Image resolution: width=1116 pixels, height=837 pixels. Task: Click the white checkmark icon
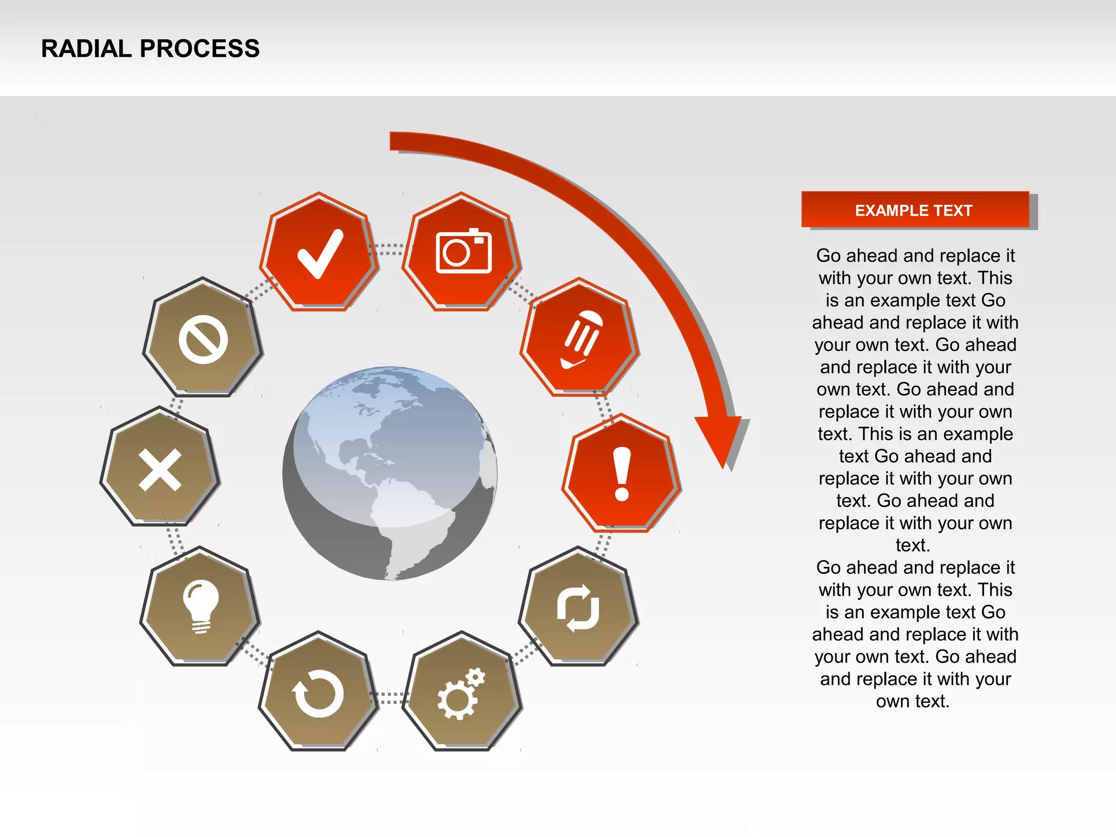pyautogui.click(x=320, y=253)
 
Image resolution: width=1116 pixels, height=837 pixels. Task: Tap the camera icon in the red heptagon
pyautogui.click(x=464, y=251)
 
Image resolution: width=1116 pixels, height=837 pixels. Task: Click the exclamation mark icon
pyautogui.click(x=622, y=474)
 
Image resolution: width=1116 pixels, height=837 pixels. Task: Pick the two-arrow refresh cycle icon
pyautogui.click(x=578, y=608)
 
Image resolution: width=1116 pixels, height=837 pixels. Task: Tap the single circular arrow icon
pyautogui.click(x=319, y=693)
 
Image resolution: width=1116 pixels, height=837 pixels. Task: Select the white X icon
pyautogui.click(x=160, y=470)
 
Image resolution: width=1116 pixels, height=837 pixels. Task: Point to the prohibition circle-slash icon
pyautogui.click(x=203, y=339)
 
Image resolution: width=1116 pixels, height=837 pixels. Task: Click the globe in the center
pyautogui.click(x=390, y=473)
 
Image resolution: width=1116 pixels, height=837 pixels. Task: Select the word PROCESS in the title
pyautogui.click(x=199, y=48)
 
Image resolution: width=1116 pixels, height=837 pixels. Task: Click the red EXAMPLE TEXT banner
pyautogui.click(x=914, y=210)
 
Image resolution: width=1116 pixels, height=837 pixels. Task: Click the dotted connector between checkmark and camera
pyautogui.click(x=390, y=250)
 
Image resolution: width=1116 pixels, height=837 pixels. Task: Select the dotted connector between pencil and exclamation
pyautogui.click(x=604, y=406)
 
